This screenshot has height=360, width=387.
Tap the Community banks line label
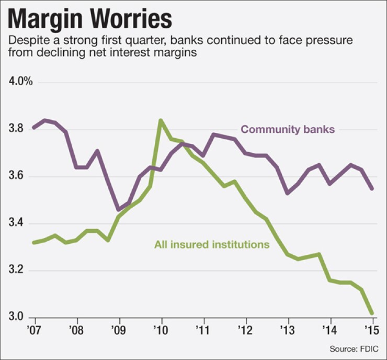click(287, 129)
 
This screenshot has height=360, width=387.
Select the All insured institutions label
click(211, 244)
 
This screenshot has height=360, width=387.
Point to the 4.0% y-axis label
click(20, 82)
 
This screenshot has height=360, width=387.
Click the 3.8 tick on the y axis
click(16, 129)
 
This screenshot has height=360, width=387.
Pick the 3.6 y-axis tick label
click(16, 176)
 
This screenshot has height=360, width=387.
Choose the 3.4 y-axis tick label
click(16, 224)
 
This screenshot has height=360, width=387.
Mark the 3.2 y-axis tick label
click(16, 271)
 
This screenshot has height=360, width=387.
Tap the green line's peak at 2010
click(161, 120)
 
